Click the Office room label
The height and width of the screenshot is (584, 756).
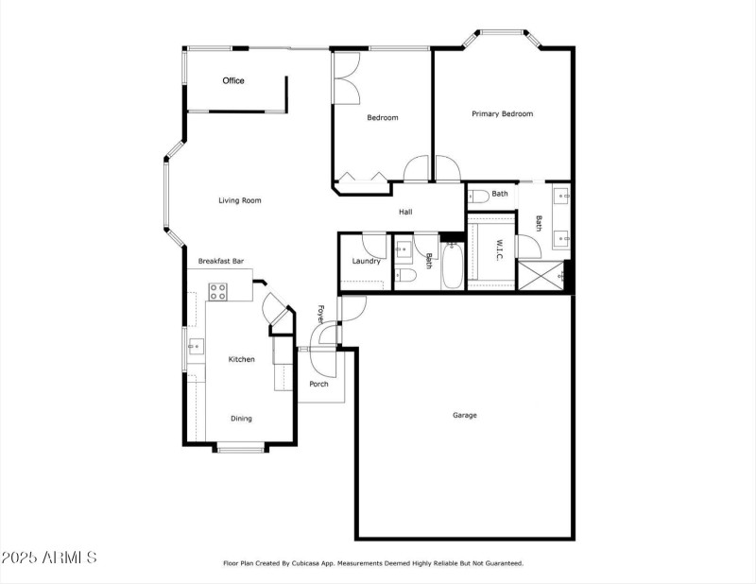(x=233, y=81)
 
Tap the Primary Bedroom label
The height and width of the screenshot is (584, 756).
(x=502, y=114)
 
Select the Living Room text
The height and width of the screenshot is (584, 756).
(x=239, y=200)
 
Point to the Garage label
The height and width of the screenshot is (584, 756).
(x=464, y=415)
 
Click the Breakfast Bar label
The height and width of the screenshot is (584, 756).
(x=221, y=261)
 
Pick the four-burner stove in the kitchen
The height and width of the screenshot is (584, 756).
(x=217, y=292)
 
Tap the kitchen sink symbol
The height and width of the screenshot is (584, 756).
(x=195, y=347)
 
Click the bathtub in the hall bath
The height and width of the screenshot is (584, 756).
(x=451, y=268)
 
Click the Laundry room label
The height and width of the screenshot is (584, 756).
(x=366, y=262)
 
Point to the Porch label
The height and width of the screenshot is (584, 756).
(x=319, y=384)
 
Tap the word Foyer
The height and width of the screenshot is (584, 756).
(x=321, y=314)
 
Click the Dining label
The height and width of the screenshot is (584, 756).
(x=242, y=419)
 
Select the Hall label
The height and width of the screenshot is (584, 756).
(x=404, y=212)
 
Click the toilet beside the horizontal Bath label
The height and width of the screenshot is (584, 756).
(x=478, y=196)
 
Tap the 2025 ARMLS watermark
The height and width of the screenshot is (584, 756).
(x=49, y=558)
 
